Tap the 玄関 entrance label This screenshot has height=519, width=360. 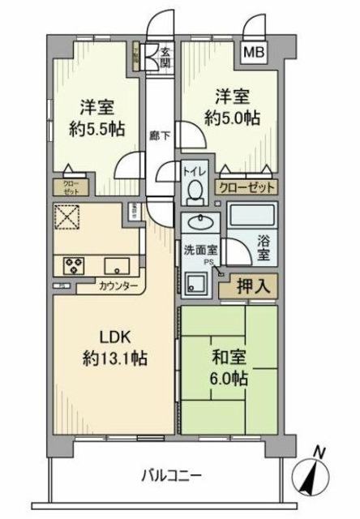click(x=165, y=58)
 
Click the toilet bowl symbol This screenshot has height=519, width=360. click(x=194, y=190)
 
